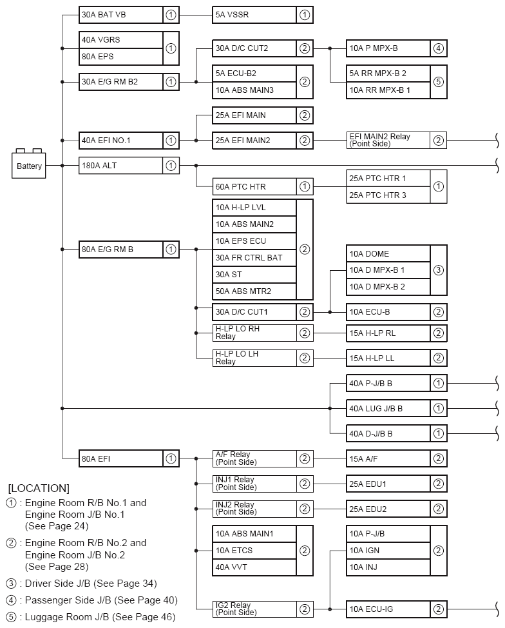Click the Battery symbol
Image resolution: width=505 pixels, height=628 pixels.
pyautogui.click(x=29, y=165)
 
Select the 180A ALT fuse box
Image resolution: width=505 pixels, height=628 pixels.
pyautogui.click(x=120, y=166)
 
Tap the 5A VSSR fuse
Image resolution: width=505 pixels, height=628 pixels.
pyautogui.click(x=254, y=14)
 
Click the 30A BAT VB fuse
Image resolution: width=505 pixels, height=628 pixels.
pyautogui.click(x=120, y=14)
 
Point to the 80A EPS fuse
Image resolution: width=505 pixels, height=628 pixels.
pyautogui.click(x=120, y=57)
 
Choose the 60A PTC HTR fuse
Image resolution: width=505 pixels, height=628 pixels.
pyautogui.click(x=254, y=186)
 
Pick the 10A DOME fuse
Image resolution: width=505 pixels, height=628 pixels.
pyautogui.click(x=388, y=253)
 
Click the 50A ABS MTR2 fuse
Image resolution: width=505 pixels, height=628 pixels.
pyautogui.click(x=254, y=291)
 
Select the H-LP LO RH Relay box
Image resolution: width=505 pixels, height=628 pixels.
pyautogui.click(x=254, y=333)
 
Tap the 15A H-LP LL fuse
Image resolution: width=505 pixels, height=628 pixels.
pyautogui.click(x=388, y=358)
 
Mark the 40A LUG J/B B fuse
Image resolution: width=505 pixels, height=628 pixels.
pyautogui.click(x=388, y=408)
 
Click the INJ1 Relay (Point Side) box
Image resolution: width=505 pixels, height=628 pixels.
pyautogui.click(x=254, y=484)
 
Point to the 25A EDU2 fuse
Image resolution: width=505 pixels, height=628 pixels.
pyautogui.click(x=388, y=509)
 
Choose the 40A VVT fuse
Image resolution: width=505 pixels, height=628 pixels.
pyautogui.click(x=254, y=567)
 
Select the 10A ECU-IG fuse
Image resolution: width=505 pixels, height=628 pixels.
pyautogui.click(x=388, y=609)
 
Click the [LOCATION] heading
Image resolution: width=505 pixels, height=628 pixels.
pyautogui.click(x=39, y=488)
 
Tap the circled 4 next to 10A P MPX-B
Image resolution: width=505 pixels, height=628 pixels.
pyautogui.click(x=438, y=48)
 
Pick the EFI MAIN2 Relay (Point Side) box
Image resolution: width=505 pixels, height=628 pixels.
pyautogui.click(x=388, y=140)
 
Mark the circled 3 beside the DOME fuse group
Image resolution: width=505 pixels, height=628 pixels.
pyautogui.click(x=438, y=270)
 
